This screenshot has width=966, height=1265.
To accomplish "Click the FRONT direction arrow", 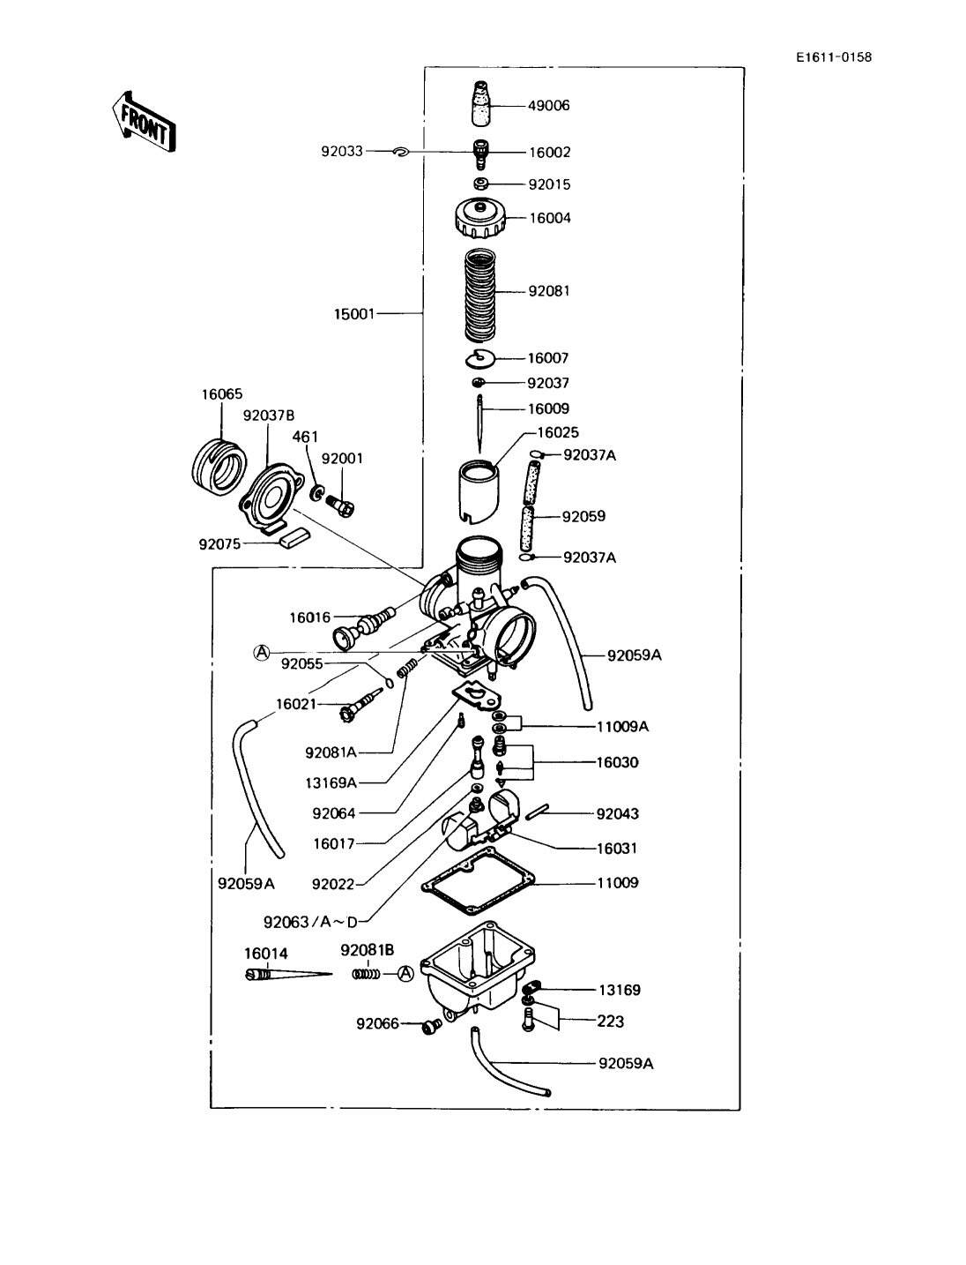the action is point(143,122).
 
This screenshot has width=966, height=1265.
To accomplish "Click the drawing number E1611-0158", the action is point(834,57).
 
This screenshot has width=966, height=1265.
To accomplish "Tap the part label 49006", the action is point(548,106).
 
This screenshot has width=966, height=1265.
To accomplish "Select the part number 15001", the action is point(354,314).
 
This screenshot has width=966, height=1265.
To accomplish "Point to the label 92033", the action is point(342,151).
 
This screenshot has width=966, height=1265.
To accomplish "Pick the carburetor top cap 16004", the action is point(479,218).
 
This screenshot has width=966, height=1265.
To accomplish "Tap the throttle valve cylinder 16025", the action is point(479,491).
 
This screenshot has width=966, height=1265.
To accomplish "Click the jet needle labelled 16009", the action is point(479,424).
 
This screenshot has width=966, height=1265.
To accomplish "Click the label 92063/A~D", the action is point(310,922).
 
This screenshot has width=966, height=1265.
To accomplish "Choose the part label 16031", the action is point(617,849).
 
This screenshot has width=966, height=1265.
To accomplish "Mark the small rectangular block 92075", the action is point(294,538).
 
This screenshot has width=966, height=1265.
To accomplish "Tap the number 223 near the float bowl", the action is point(611,1022).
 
